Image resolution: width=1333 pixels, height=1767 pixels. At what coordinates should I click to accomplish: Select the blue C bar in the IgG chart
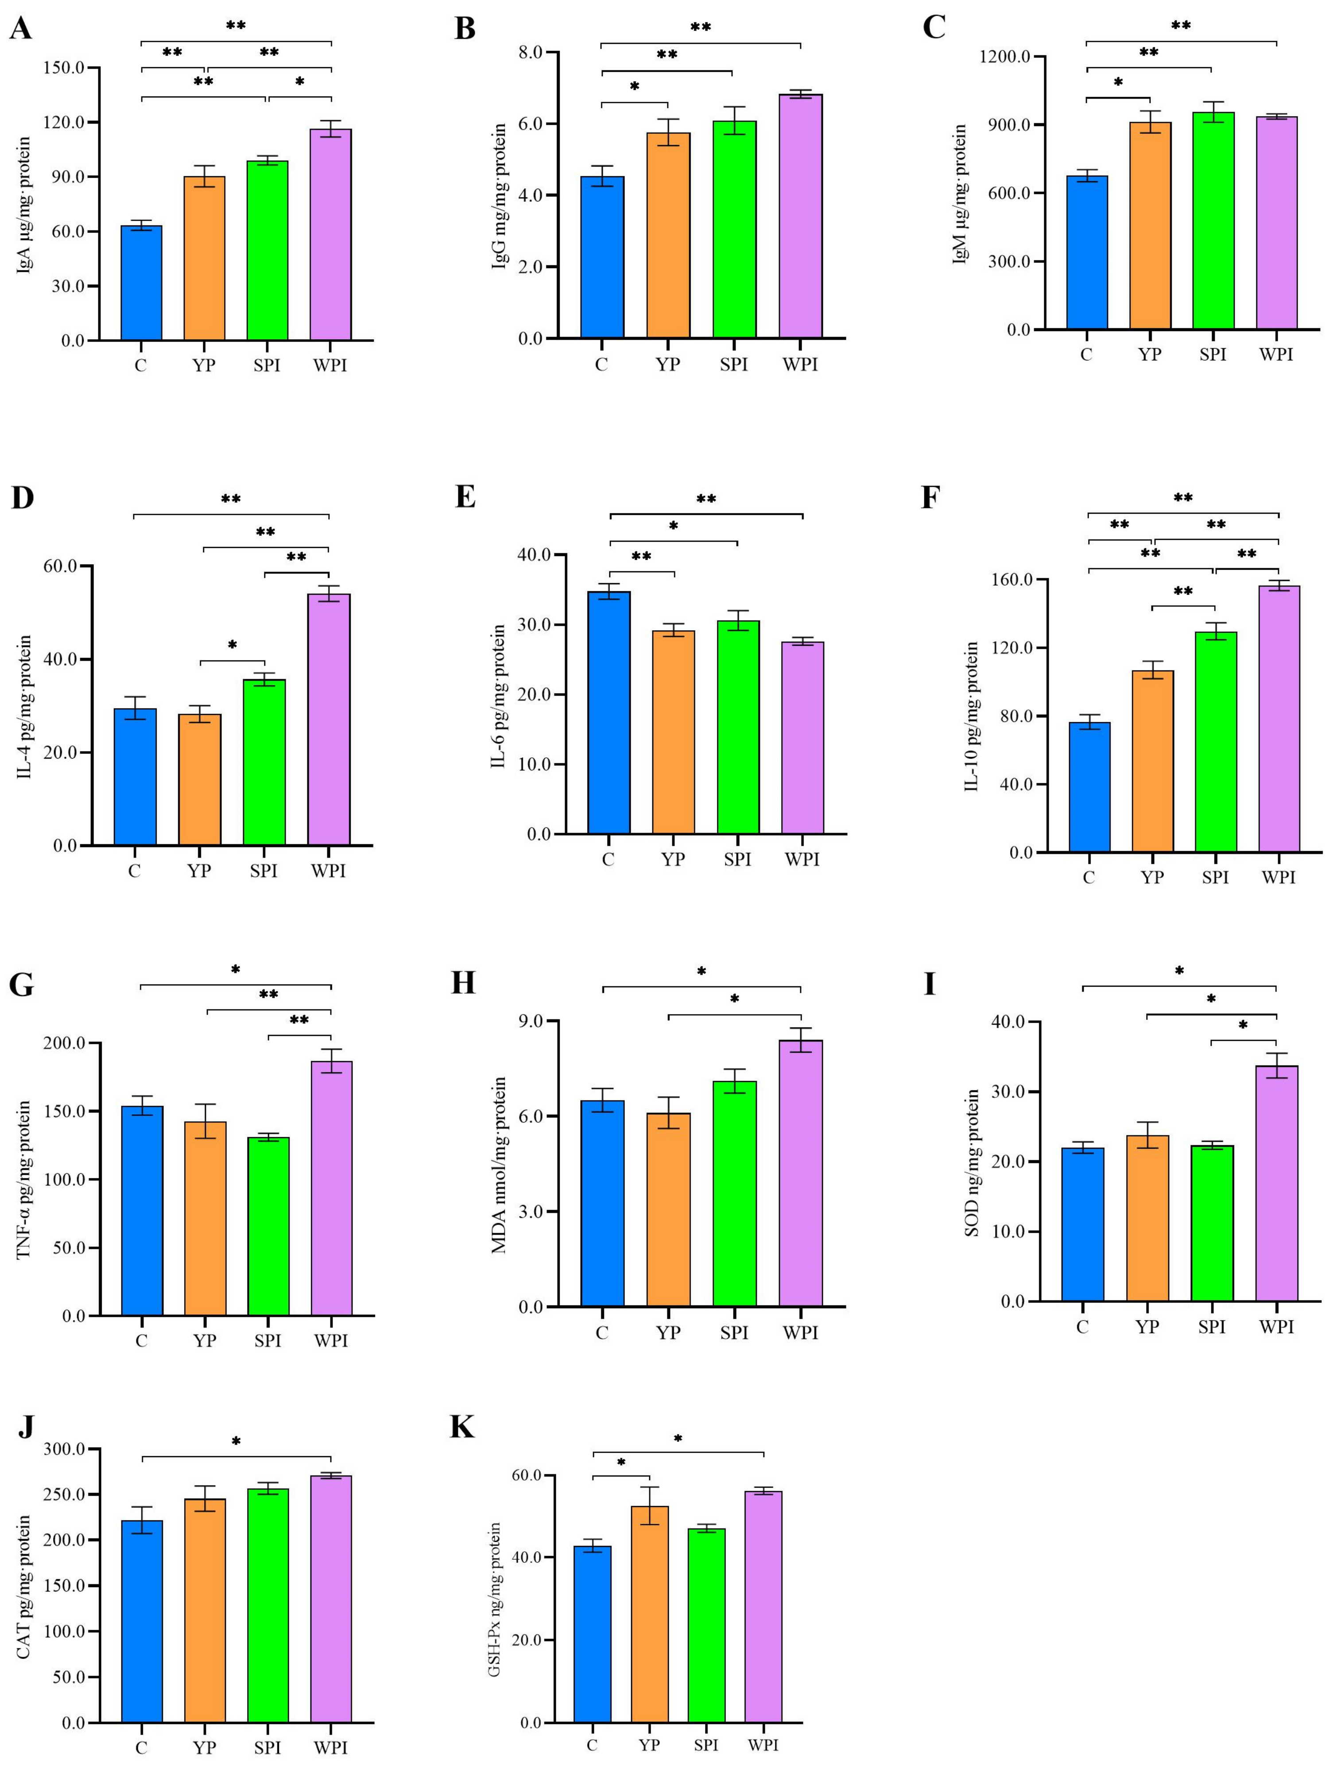(602, 257)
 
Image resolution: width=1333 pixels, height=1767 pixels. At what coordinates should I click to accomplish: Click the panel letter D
(22, 498)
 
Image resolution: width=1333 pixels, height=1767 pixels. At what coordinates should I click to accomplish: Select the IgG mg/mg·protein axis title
(499, 196)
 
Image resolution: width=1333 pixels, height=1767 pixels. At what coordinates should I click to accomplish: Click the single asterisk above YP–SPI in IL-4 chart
(232, 645)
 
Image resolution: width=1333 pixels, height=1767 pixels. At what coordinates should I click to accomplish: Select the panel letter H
(463, 983)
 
